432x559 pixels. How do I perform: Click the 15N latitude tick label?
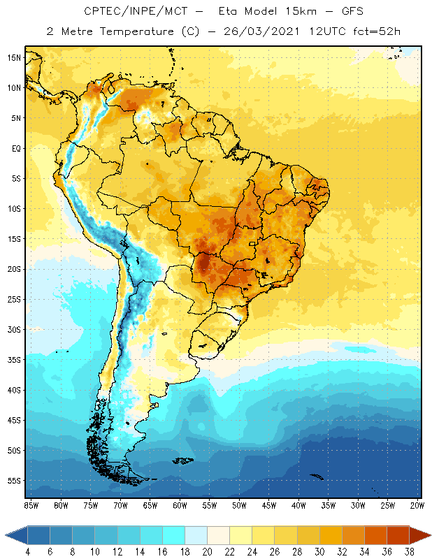point(13,57)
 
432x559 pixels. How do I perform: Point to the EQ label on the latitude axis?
point(15,148)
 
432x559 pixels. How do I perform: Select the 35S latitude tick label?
point(13,360)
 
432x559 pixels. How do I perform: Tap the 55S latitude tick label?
point(13,481)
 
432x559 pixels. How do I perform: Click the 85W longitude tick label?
point(31,505)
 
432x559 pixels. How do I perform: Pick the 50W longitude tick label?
point(239,505)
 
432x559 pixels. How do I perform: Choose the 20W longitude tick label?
point(417,505)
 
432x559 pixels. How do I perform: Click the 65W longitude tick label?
point(150,505)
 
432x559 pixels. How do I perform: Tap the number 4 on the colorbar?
point(28,553)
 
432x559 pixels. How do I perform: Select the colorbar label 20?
point(207,553)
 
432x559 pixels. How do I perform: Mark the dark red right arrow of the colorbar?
point(419,535)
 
